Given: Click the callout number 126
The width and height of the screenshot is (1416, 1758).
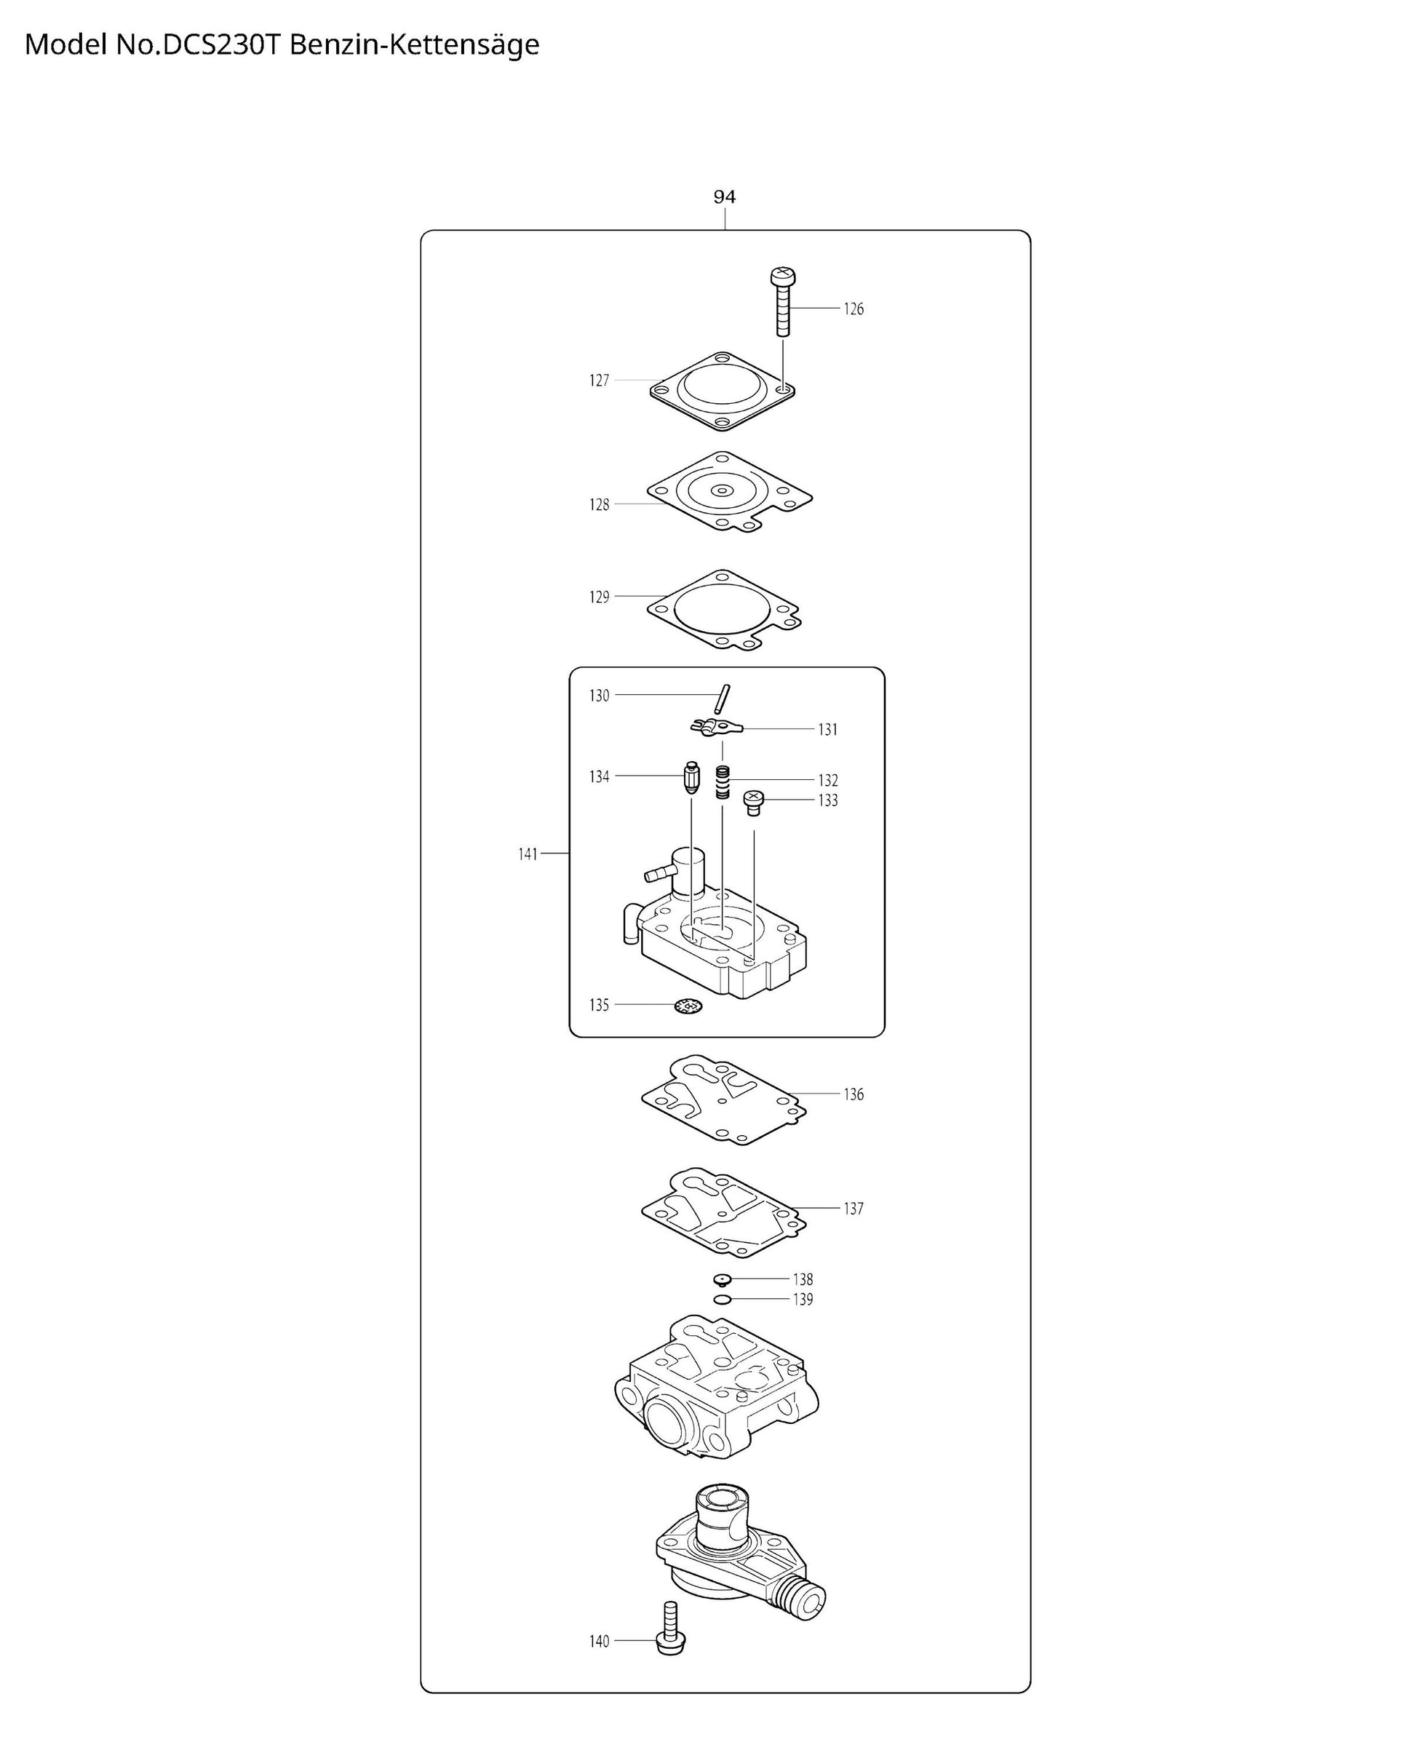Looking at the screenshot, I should tap(854, 309).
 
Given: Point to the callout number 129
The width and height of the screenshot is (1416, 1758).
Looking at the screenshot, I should tap(599, 597).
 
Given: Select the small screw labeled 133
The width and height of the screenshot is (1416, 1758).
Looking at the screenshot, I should tap(754, 802).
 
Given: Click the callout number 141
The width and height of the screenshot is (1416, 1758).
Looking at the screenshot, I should tap(528, 854).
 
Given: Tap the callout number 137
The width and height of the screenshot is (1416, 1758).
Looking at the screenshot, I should tap(854, 1208).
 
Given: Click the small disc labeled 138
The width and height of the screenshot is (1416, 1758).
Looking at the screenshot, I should tap(722, 1278).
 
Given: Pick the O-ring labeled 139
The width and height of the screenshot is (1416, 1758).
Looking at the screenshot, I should tap(721, 1299).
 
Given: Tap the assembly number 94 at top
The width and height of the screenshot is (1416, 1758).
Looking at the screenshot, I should tap(724, 196).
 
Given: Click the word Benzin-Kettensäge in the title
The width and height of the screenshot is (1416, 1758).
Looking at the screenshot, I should tap(414, 45).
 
